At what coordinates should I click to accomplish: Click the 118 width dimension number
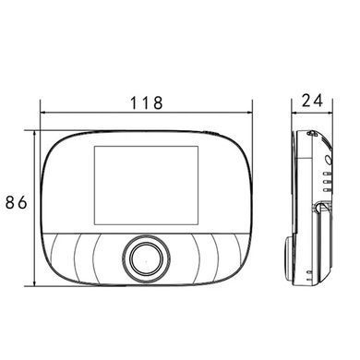click(147, 102)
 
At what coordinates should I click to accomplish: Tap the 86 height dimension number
click(17, 202)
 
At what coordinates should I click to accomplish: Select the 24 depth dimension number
click(312, 101)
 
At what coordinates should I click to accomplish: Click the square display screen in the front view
click(146, 186)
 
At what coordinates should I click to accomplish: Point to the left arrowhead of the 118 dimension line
click(43, 113)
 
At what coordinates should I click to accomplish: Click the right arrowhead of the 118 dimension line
click(249, 113)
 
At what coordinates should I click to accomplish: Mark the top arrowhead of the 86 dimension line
click(35, 134)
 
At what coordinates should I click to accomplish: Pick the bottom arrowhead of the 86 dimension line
click(35, 283)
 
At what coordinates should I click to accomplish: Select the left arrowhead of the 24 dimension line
click(294, 113)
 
